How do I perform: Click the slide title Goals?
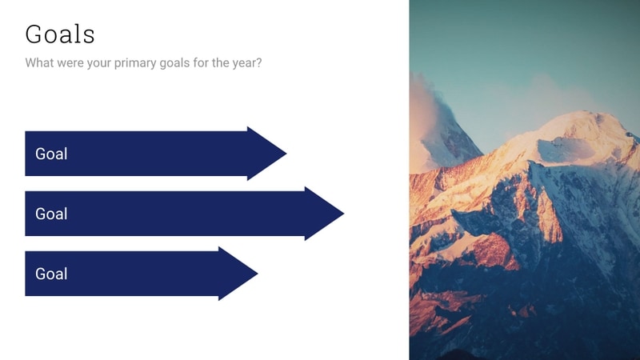click(x=60, y=34)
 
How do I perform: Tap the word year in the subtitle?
click(x=242, y=62)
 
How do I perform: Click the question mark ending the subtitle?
click(x=258, y=62)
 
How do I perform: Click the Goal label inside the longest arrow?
click(x=51, y=214)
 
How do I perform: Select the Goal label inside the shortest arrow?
click(x=51, y=274)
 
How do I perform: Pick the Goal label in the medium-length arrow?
click(x=51, y=154)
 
